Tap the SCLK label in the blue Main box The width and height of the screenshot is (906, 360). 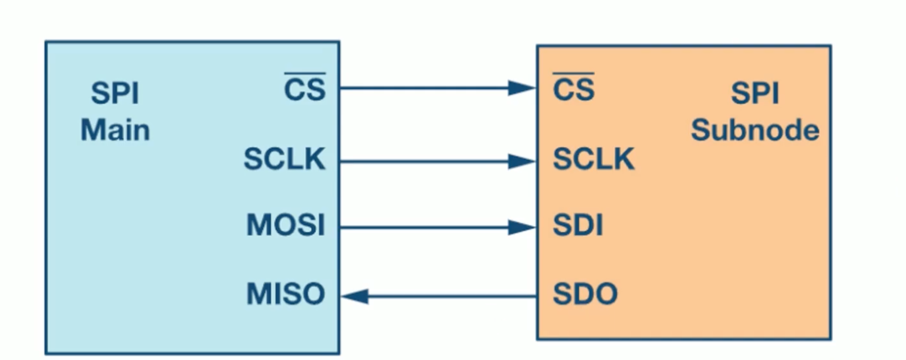pyautogui.click(x=284, y=159)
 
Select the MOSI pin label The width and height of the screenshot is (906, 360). pyautogui.click(x=286, y=225)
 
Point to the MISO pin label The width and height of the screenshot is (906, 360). pyautogui.click(x=286, y=294)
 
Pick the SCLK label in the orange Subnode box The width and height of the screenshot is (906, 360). pyautogui.click(x=594, y=159)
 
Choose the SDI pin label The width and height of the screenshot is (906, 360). pyautogui.click(x=578, y=225)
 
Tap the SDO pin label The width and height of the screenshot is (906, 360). pyautogui.click(x=585, y=294)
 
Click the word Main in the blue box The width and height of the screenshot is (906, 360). pyautogui.click(x=115, y=130)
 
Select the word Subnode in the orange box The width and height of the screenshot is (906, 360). pyautogui.click(x=755, y=130)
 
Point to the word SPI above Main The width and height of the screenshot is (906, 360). pyautogui.click(x=115, y=93)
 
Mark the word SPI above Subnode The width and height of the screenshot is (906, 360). pyautogui.click(x=755, y=93)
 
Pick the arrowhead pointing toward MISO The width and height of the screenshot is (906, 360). pyautogui.click(x=354, y=296)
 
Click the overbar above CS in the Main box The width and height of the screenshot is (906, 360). pyautogui.click(x=305, y=73)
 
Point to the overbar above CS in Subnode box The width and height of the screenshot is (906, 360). pyautogui.click(x=574, y=73)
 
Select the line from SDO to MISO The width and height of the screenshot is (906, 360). pyautogui.click(x=439, y=296)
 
